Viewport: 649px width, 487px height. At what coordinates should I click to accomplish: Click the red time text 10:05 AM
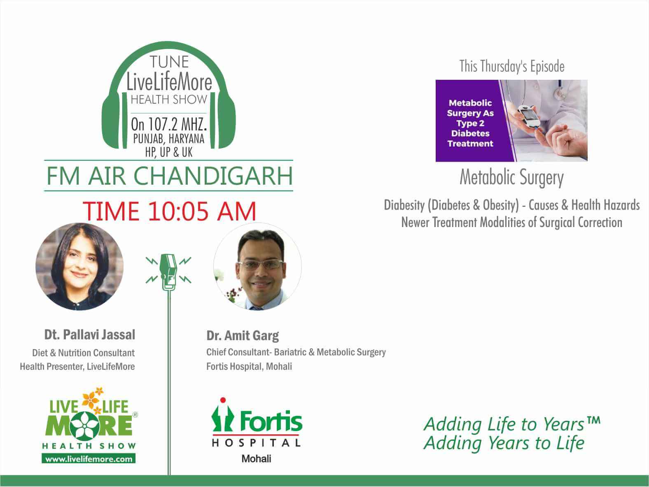[202, 211]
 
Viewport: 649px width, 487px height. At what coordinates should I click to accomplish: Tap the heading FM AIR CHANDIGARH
[169, 176]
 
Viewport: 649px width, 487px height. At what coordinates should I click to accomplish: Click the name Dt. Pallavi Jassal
[90, 335]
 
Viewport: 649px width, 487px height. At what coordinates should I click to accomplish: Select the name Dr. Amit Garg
[243, 336]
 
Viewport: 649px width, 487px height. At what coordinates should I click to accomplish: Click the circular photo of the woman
[79, 267]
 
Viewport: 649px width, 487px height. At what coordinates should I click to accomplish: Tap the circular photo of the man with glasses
[257, 267]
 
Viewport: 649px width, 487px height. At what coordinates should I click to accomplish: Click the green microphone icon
[168, 272]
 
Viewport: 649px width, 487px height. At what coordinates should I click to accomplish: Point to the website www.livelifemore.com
[89, 459]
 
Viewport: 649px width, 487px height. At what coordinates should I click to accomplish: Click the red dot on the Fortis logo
[223, 400]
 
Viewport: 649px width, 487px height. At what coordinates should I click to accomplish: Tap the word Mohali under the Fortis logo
[256, 458]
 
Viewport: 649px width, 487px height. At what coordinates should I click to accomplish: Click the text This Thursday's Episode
[511, 66]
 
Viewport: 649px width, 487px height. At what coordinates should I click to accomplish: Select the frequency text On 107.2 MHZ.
[169, 124]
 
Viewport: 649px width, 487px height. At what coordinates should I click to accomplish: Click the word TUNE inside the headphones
[169, 62]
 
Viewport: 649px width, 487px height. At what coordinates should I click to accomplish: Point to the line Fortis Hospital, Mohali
[249, 366]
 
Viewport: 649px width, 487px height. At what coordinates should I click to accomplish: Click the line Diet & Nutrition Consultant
[83, 352]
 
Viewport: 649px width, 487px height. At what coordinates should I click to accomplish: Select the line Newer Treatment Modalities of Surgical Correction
[511, 223]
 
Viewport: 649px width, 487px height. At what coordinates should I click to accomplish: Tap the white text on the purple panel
[470, 123]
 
